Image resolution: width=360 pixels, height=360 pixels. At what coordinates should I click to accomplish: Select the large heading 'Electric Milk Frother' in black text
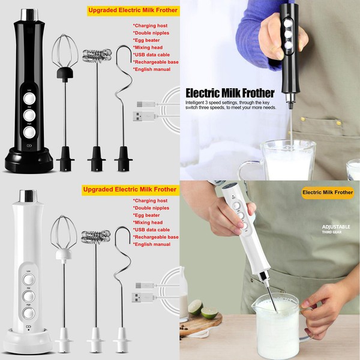[230, 92]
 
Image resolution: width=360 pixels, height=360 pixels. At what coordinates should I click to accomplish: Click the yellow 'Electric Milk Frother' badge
[326, 193]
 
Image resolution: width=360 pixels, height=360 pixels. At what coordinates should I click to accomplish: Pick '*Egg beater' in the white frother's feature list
[148, 214]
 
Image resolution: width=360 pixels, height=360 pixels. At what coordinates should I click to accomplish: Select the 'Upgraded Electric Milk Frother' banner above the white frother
[130, 190]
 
